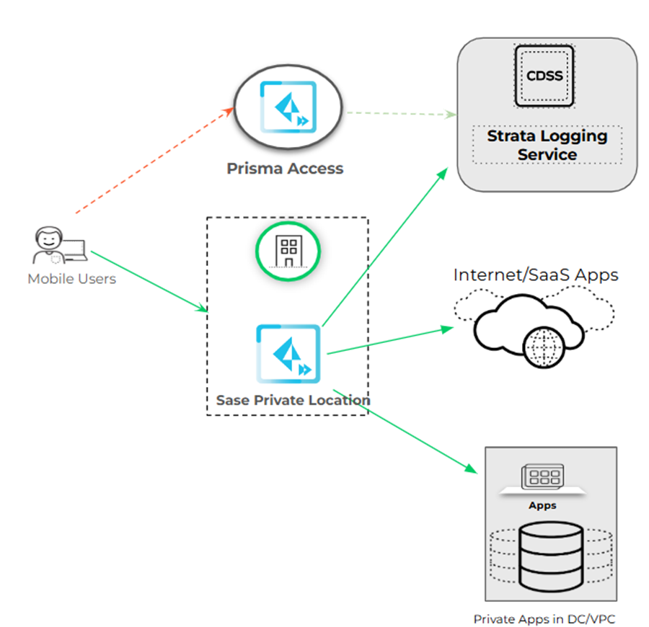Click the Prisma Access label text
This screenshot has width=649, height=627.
(x=285, y=169)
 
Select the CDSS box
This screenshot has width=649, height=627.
(x=544, y=76)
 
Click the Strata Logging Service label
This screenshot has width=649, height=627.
(x=547, y=145)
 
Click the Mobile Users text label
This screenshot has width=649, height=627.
(x=71, y=279)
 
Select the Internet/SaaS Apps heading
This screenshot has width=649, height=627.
(x=536, y=275)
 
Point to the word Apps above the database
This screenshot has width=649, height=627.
(x=542, y=505)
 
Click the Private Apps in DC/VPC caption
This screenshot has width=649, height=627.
(x=545, y=618)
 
